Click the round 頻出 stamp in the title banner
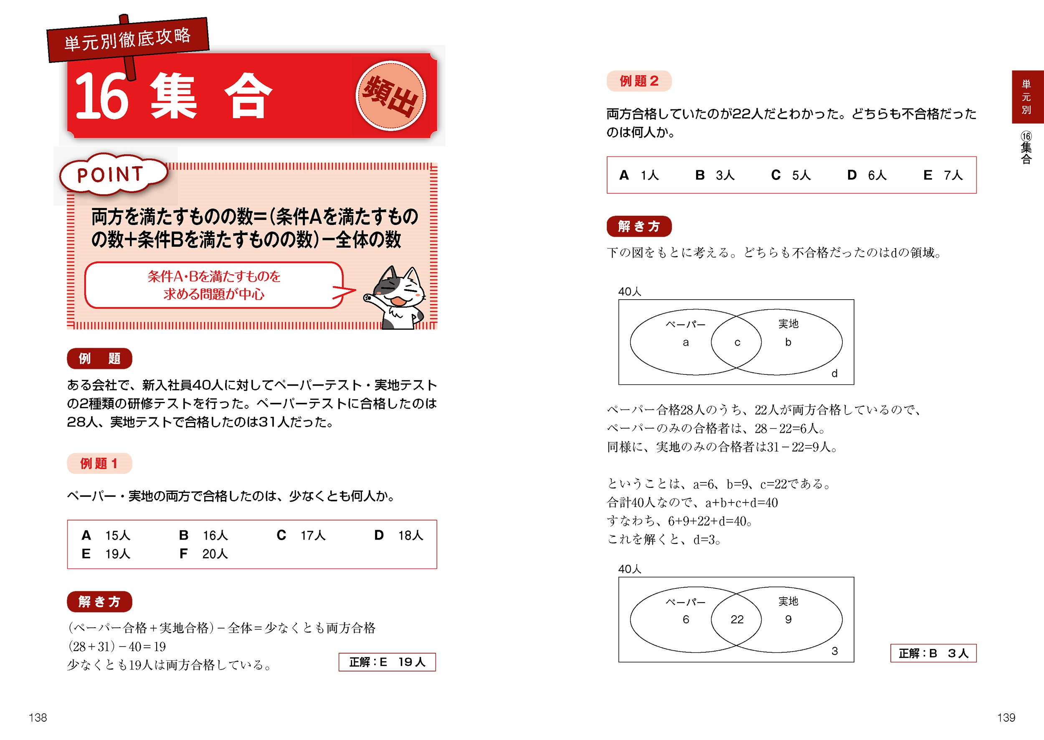click(391, 96)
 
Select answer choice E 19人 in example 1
click(106, 553)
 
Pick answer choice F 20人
click(203, 553)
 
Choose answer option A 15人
click(106, 535)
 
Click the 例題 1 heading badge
click(99, 463)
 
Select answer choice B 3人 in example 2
click(715, 175)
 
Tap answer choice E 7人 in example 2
click(943, 175)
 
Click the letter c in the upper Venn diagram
click(737, 343)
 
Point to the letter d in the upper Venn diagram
click(834, 373)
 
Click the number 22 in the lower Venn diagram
click(737, 619)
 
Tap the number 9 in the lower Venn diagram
click(788, 619)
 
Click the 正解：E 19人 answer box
click(387, 662)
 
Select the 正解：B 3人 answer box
click(933, 653)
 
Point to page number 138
click(38, 718)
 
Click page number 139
click(1006, 718)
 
